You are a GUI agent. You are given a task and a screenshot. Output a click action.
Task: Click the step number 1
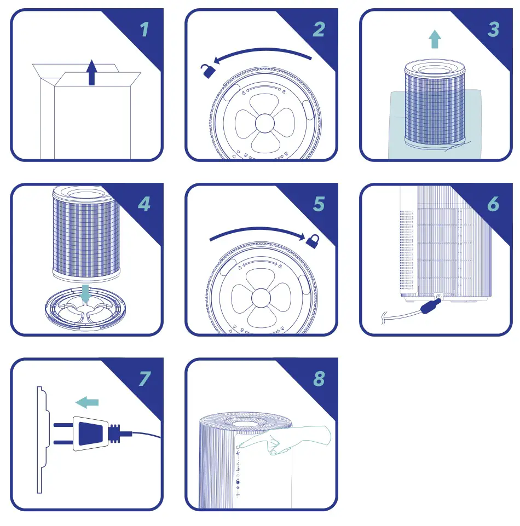pyautogui.click(x=144, y=29)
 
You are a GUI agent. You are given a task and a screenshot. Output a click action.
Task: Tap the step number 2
pyautogui.click(x=319, y=29)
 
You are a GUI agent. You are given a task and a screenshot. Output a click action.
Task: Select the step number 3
pyautogui.click(x=493, y=29)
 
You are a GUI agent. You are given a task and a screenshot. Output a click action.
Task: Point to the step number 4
pyautogui.click(x=144, y=204)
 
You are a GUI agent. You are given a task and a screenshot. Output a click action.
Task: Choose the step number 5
pyautogui.click(x=319, y=204)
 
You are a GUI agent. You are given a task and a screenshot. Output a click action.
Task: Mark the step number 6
pyautogui.click(x=493, y=204)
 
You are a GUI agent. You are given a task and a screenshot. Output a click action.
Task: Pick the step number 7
pyautogui.click(x=144, y=378)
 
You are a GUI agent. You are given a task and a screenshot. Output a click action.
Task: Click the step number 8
pyautogui.click(x=319, y=378)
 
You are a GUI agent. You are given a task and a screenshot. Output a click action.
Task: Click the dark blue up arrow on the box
pyautogui.click(x=93, y=73)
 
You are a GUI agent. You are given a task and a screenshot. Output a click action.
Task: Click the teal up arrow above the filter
pyautogui.click(x=435, y=39)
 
